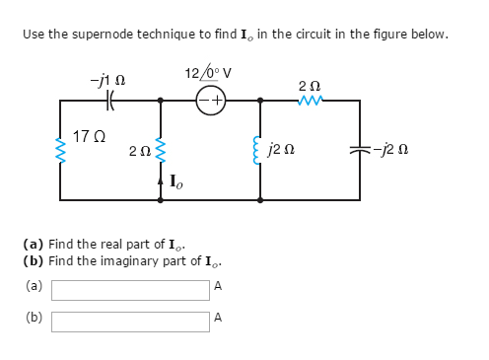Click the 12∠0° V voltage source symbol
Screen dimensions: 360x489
coord(210,100)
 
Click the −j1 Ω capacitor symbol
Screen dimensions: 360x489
coord(111,100)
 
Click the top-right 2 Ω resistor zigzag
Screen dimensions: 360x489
coord(311,100)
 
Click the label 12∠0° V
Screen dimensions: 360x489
coord(207,73)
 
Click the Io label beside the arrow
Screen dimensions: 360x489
coord(175,181)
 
